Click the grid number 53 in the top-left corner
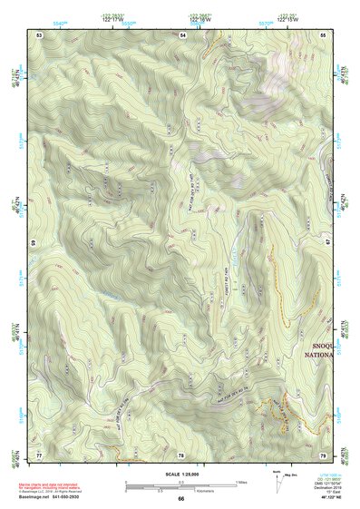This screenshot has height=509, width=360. (x=39, y=34)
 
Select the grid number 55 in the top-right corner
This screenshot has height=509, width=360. (x=324, y=34)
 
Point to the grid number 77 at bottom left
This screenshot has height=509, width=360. (x=39, y=454)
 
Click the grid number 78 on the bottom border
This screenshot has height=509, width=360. (x=180, y=454)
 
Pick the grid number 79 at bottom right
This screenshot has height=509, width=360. (x=324, y=454)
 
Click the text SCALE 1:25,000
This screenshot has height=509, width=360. (x=180, y=475)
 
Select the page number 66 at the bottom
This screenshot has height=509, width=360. (x=180, y=498)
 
